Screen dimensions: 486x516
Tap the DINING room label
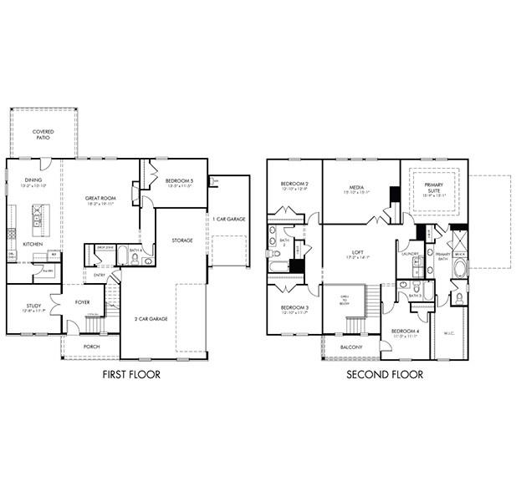point(33,180)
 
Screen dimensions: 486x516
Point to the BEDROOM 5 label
point(178,181)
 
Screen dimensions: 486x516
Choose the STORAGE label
point(182,240)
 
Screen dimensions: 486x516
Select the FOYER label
point(83,303)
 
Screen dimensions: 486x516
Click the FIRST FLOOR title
point(130,375)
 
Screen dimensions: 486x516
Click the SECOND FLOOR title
point(385,375)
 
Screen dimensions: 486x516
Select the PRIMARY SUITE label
point(434,188)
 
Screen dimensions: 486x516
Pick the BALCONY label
point(351,347)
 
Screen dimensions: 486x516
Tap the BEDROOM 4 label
point(405,332)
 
